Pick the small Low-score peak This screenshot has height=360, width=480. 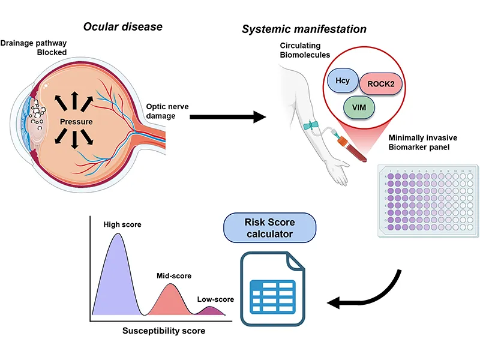click(211, 310)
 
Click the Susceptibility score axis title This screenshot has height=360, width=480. click(164, 331)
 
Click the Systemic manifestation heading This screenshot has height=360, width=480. click(304, 29)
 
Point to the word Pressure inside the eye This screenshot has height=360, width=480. click(75, 122)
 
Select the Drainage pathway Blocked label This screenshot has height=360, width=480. click(34, 48)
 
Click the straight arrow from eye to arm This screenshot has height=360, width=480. click(228, 116)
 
